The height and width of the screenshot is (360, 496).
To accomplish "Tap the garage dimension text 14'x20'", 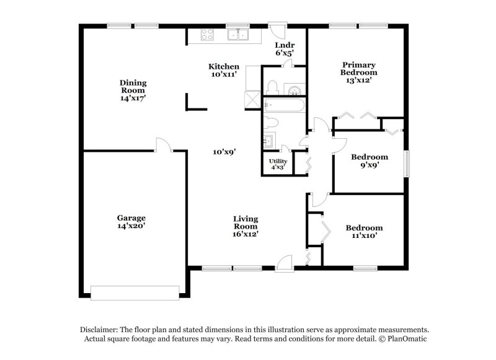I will pyautogui.click(x=131, y=226).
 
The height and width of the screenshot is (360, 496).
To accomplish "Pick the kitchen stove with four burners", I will pyautogui.click(x=207, y=35).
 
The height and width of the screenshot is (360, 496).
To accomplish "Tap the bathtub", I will pyautogui.click(x=283, y=105).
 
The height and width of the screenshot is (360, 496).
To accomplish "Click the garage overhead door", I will pyautogui.click(x=135, y=291).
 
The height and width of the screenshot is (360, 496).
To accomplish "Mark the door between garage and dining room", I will pyautogui.click(x=162, y=145).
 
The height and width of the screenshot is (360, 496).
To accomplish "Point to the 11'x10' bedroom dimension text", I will pyautogui.click(x=364, y=235).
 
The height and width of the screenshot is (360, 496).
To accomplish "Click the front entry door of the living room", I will pyautogui.click(x=285, y=264).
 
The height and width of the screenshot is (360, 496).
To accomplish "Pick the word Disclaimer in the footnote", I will pyautogui.click(x=100, y=330).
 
